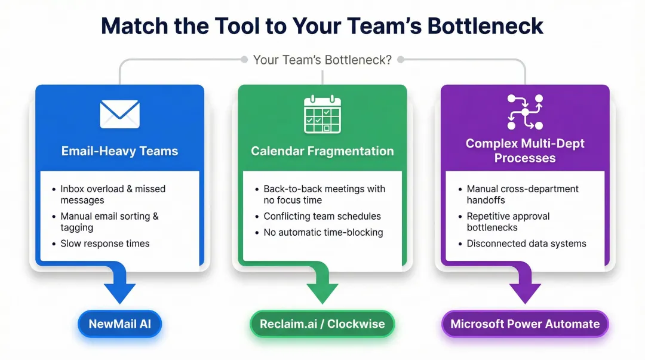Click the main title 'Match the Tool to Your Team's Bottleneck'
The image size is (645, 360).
(x=322, y=26)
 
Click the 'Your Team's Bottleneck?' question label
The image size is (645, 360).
(x=322, y=60)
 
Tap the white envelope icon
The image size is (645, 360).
(x=119, y=113)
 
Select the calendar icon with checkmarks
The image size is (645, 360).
(x=322, y=114)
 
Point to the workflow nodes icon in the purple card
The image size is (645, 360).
(x=525, y=112)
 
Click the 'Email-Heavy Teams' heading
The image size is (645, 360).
(x=119, y=151)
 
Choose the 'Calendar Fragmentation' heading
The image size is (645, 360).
(x=322, y=151)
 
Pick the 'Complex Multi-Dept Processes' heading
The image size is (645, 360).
(x=525, y=150)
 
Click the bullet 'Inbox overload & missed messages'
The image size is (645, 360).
(x=112, y=194)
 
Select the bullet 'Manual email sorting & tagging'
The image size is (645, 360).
(x=109, y=221)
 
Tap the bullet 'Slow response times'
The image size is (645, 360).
(x=105, y=244)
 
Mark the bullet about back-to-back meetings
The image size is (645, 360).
(x=324, y=194)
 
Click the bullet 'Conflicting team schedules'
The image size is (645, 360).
(x=322, y=216)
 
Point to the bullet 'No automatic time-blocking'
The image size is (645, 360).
(x=323, y=232)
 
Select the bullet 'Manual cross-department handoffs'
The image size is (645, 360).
(x=522, y=194)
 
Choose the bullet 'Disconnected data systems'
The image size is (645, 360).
(x=526, y=244)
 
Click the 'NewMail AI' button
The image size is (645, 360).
(x=119, y=324)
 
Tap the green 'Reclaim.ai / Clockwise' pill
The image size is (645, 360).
(x=322, y=324)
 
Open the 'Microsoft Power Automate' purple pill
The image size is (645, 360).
(x=525, y=324)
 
